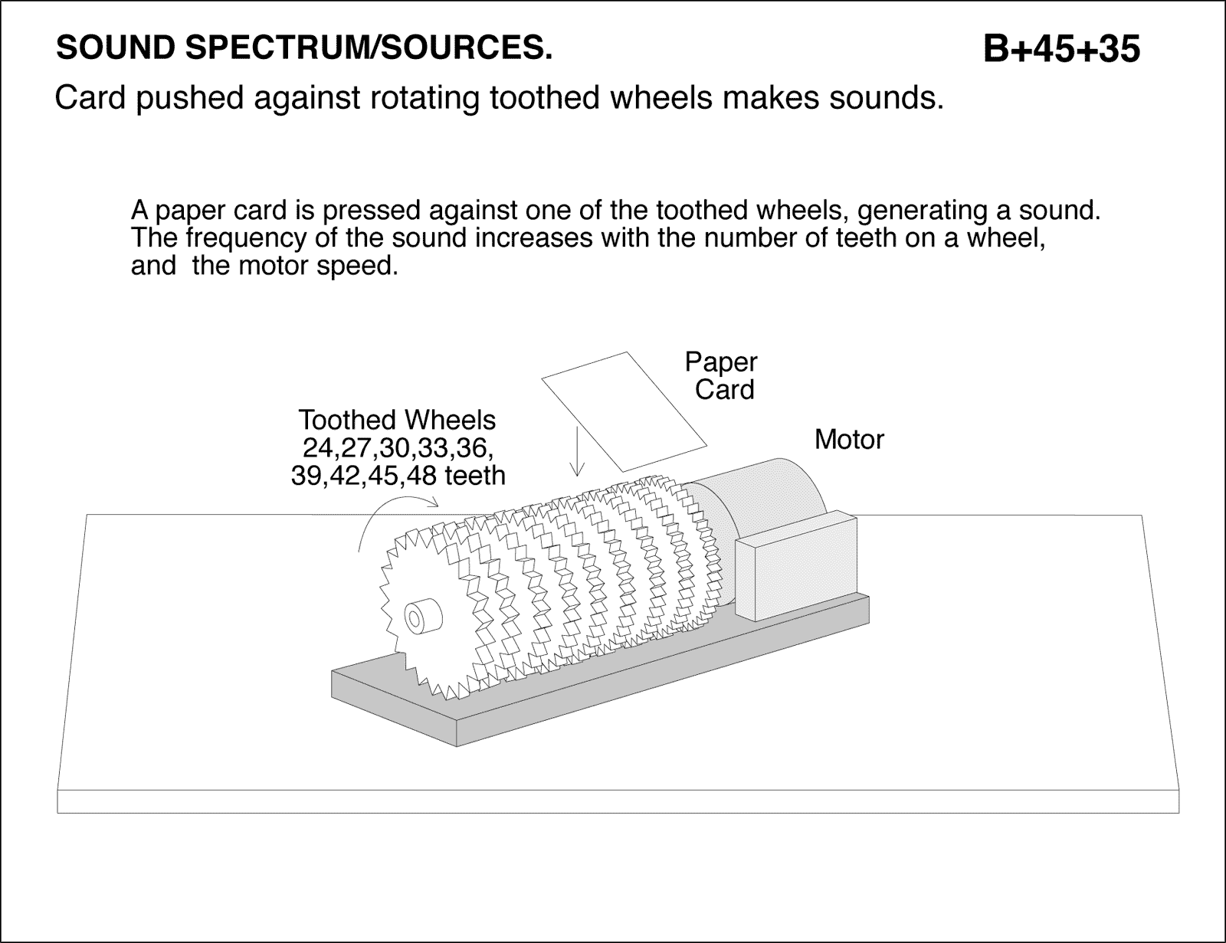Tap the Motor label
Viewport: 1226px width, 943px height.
pos(849,440)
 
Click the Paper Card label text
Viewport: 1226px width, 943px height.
pos(722,376)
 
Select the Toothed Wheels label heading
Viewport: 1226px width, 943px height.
pos(397,420)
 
